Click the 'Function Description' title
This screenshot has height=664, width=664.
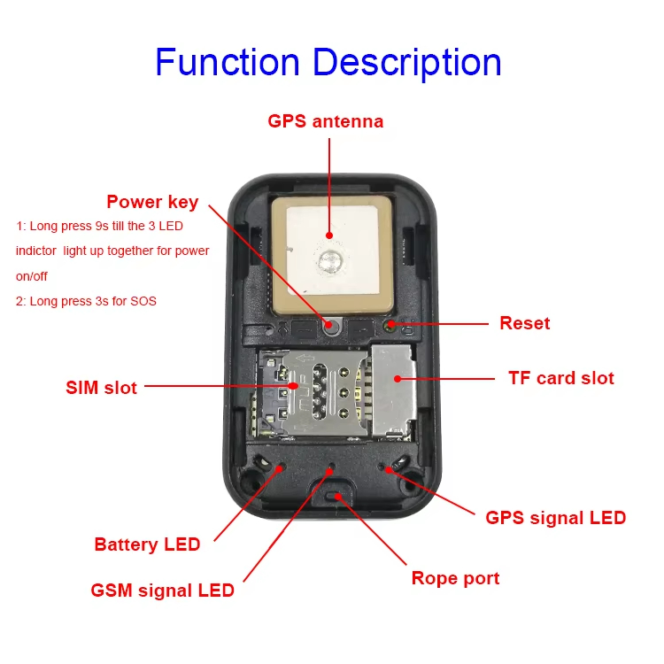pyautogui.click(x=328, y=63)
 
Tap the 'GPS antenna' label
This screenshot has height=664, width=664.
pyautogui.click(x=326, y=121)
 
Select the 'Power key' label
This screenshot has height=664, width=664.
pyautogui.click(x=152, y=201)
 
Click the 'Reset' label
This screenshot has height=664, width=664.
pyautogui.click(x=524, y=323)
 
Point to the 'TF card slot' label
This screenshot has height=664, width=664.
pyautogui.click(x=560, y=378)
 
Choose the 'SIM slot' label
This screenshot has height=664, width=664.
pyautogui.click(x=101, y=387)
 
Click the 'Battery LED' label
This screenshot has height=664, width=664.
pyautogui.click(x=147, y=544)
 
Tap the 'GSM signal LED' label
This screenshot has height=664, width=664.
pyautogui.click(x=162, y=590)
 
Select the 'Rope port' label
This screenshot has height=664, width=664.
pyautogui.click(x=455, y=578)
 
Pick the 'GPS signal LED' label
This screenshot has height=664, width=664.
pyautogui.click(x=555, y=517)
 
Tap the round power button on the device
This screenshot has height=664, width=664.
pyautogui.click(x=330, y=325)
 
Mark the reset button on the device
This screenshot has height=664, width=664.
pyautogui.click(x=390, y=324)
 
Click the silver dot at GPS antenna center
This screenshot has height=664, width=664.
pyautogui.click(x=330, y=261)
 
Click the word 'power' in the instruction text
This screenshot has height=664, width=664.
pyautogui.click(x=192, y=251)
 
